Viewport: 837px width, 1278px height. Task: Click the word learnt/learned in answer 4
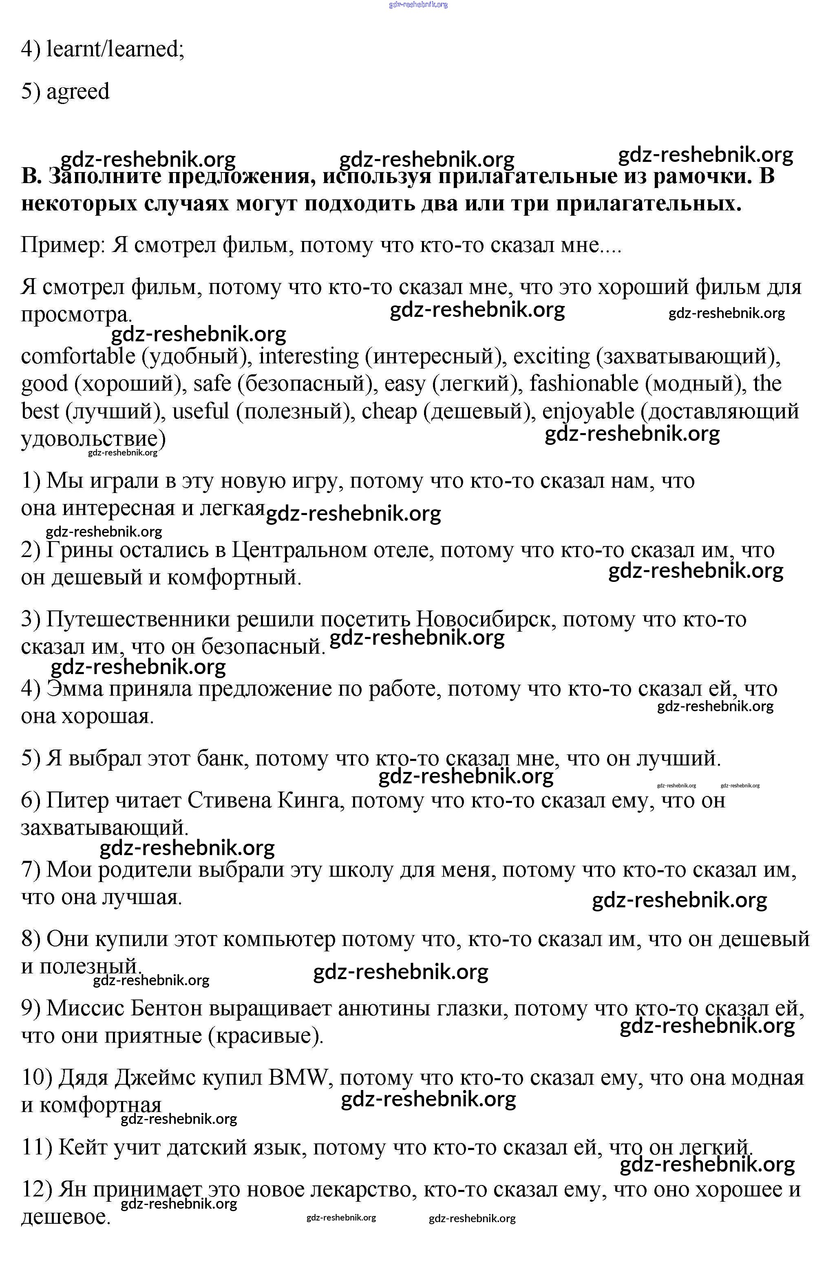(x=115, y=49)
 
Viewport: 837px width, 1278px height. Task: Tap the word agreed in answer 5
(x=78, y=92)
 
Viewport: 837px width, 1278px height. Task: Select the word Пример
(x=61, y=245)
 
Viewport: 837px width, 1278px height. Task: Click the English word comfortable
(x=78, y=356)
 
